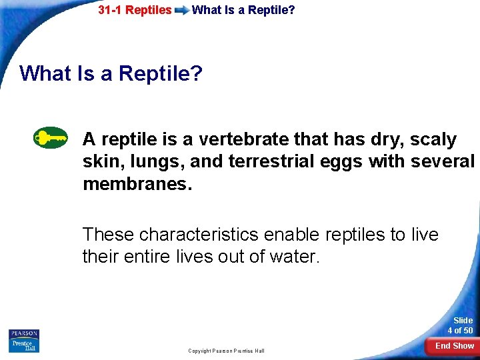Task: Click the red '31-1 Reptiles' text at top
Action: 135,10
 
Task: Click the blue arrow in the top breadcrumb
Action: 181,11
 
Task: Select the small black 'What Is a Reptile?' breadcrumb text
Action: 243,10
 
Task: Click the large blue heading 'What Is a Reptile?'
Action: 111,73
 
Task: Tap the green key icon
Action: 51,138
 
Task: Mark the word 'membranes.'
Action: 137,183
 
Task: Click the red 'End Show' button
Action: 453,346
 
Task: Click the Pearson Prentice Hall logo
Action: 24,341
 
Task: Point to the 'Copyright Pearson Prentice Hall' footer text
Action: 226,351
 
